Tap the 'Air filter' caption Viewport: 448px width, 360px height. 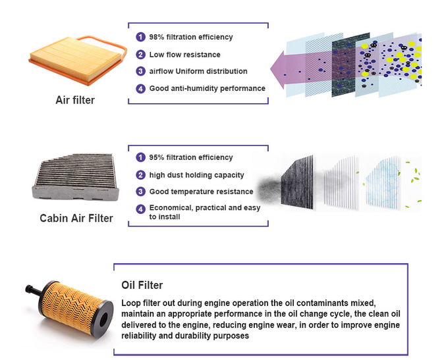pos(75,101)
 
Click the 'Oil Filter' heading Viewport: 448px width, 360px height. pos(142,286)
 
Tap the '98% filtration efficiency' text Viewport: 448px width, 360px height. pos(190,38)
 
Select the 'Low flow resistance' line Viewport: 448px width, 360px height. pos(184,55)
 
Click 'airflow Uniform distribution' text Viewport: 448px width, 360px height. pos(198,71)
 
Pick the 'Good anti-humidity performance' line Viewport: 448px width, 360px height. pos(207,88)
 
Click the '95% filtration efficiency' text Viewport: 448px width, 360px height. pos(190,158)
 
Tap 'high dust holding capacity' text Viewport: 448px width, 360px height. pos(196,175)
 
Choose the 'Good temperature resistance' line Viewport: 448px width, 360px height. pos(201,192)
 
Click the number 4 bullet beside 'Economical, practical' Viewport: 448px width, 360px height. pos(140,209)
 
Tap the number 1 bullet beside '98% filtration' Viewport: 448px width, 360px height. pos(140,38)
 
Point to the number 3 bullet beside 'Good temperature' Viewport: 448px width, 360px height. pos(140,192)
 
